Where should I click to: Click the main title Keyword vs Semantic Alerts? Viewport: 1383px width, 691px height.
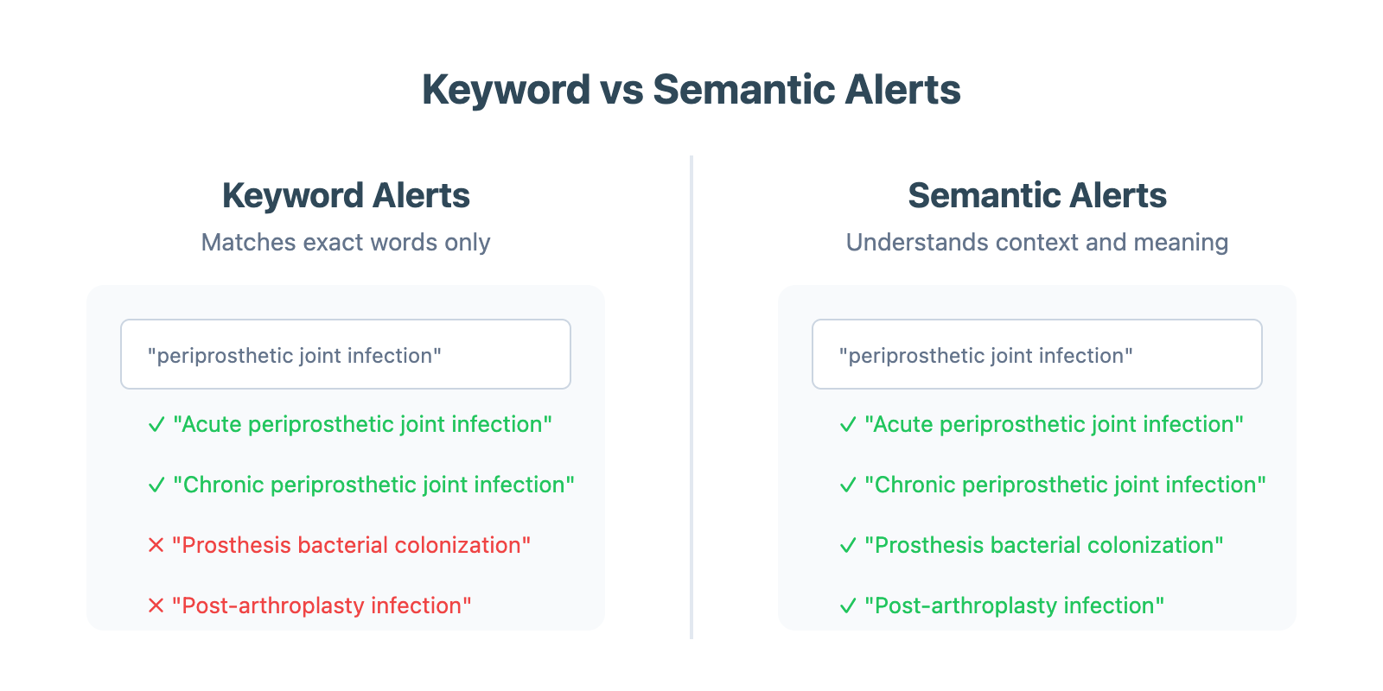(691, 90)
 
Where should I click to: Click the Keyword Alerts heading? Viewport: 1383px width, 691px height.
(346, 195)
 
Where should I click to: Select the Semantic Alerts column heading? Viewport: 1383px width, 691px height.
(1037, 195)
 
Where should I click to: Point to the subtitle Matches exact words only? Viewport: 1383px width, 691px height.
(346, 243)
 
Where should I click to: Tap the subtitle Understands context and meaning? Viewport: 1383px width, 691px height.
(1037, 243)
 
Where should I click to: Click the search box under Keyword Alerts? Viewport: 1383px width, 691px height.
(346, 354)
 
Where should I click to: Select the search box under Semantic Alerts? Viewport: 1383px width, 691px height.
(1037, 354)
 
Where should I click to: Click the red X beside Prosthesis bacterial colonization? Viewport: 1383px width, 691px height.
(156, 545)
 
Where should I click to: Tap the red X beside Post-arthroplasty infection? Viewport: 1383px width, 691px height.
(156, 605)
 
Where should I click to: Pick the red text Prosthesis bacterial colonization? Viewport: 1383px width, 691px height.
(351, 545)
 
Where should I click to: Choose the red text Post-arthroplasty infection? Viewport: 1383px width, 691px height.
(322, 605)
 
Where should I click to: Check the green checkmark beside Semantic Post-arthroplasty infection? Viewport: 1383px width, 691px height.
(848, 605)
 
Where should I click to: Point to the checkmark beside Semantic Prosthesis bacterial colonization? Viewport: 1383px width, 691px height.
(848, 545)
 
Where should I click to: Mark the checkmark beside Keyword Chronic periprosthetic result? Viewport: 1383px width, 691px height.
(156, 485)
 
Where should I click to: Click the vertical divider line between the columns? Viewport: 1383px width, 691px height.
(691, 397)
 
